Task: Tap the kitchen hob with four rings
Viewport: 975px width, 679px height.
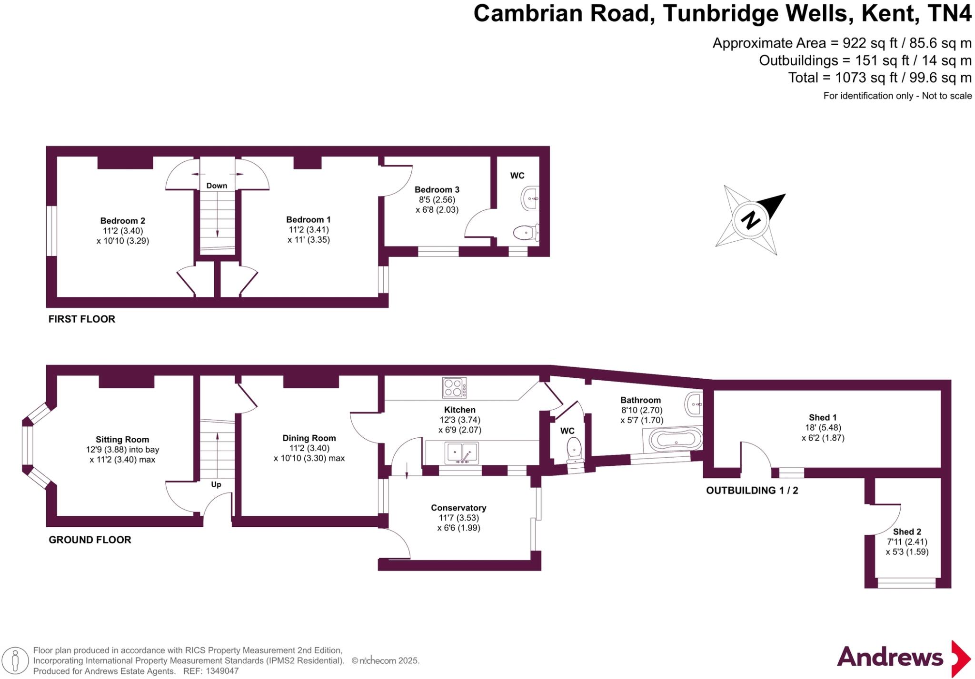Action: pyautogui.click(x=454, y=387)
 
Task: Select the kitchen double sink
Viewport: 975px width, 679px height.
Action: pyautogui.click(x=461, y=453)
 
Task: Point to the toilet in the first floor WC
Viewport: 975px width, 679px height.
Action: pyautogui.click(x=526, y=233)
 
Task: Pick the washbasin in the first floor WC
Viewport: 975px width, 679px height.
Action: pyautogui.click(x=531, y=198)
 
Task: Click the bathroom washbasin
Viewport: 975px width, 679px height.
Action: pyautogui.click(x=694, y=404)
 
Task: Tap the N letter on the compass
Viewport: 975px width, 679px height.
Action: pyautogui.click(x=751, y=220)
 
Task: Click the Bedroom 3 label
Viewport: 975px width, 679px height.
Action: pyautogui.click(x=437, y=189)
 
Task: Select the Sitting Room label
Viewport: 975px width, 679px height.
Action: pyautogui.click(x=122, y=440)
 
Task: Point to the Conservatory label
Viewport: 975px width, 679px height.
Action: pyautogui.click(x=458, y=508)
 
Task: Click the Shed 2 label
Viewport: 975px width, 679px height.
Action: pyautogui.click(x=907, y=532)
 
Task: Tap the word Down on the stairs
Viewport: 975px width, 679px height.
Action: pyautogui.click(x=217, y=186)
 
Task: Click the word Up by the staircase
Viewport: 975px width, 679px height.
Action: pyautogui.click(x=216, y=484)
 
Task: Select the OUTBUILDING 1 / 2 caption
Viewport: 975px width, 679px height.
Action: pyautogui.click(x=752, y=491)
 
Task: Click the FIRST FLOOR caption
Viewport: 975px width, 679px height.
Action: pyautogui.click(x=82, y=319)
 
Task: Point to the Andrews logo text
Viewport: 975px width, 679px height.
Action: pyautogui.click(x=890, y=657)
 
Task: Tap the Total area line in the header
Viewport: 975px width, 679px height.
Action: pyautogui.click(x=879, y=78)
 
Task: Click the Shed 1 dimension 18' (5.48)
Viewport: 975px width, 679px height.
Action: pyautogui.click(x=823, y=428)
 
